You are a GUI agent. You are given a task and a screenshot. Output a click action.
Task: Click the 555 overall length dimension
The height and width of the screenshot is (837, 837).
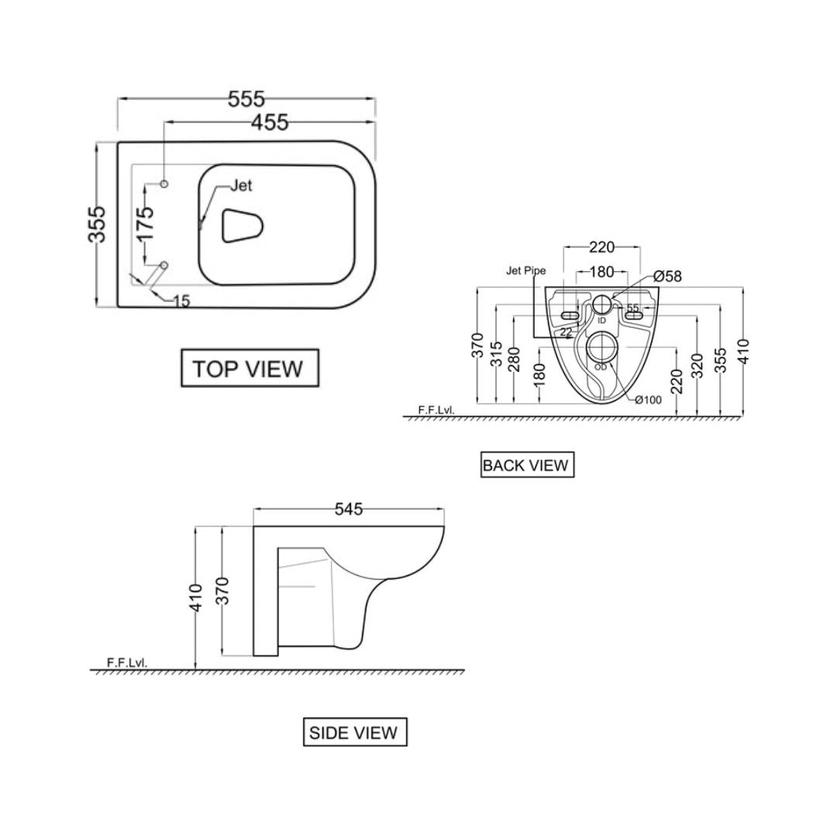point(246,99)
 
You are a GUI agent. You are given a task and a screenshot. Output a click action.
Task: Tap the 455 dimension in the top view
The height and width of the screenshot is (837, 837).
point(270,122)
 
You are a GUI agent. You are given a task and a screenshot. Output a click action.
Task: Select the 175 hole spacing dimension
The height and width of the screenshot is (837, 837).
point(145,223)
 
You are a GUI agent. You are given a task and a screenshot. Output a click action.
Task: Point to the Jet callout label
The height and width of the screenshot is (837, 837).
point(241,186)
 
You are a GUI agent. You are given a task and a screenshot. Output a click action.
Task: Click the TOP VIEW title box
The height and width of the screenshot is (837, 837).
point(250,368)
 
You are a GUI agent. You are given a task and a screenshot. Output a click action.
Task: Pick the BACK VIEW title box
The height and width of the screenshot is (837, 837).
point(527,465)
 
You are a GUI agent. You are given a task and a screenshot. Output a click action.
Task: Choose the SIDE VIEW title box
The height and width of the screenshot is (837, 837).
point(354,732)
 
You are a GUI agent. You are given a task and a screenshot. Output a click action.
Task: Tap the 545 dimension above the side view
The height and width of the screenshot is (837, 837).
point(349,509)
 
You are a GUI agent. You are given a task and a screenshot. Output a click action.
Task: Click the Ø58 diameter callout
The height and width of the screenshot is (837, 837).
point(667,276)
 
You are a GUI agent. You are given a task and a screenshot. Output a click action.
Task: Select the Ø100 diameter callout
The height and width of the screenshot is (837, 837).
point(648,400)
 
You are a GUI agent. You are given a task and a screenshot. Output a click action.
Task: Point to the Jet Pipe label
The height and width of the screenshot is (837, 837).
point(526,270)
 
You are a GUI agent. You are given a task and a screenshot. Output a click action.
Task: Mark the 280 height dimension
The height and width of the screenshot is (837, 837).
point(515,360)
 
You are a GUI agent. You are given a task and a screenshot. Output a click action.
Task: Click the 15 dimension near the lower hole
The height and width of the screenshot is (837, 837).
point(181,301)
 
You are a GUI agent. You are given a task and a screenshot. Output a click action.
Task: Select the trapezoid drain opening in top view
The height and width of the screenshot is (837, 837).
point(243,226)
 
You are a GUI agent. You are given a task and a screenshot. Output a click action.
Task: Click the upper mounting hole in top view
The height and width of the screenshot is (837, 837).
point(164,184)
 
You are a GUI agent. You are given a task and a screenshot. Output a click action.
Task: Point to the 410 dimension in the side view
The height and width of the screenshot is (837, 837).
point(197,598)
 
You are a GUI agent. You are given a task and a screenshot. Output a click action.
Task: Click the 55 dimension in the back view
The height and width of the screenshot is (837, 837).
point(633,308)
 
